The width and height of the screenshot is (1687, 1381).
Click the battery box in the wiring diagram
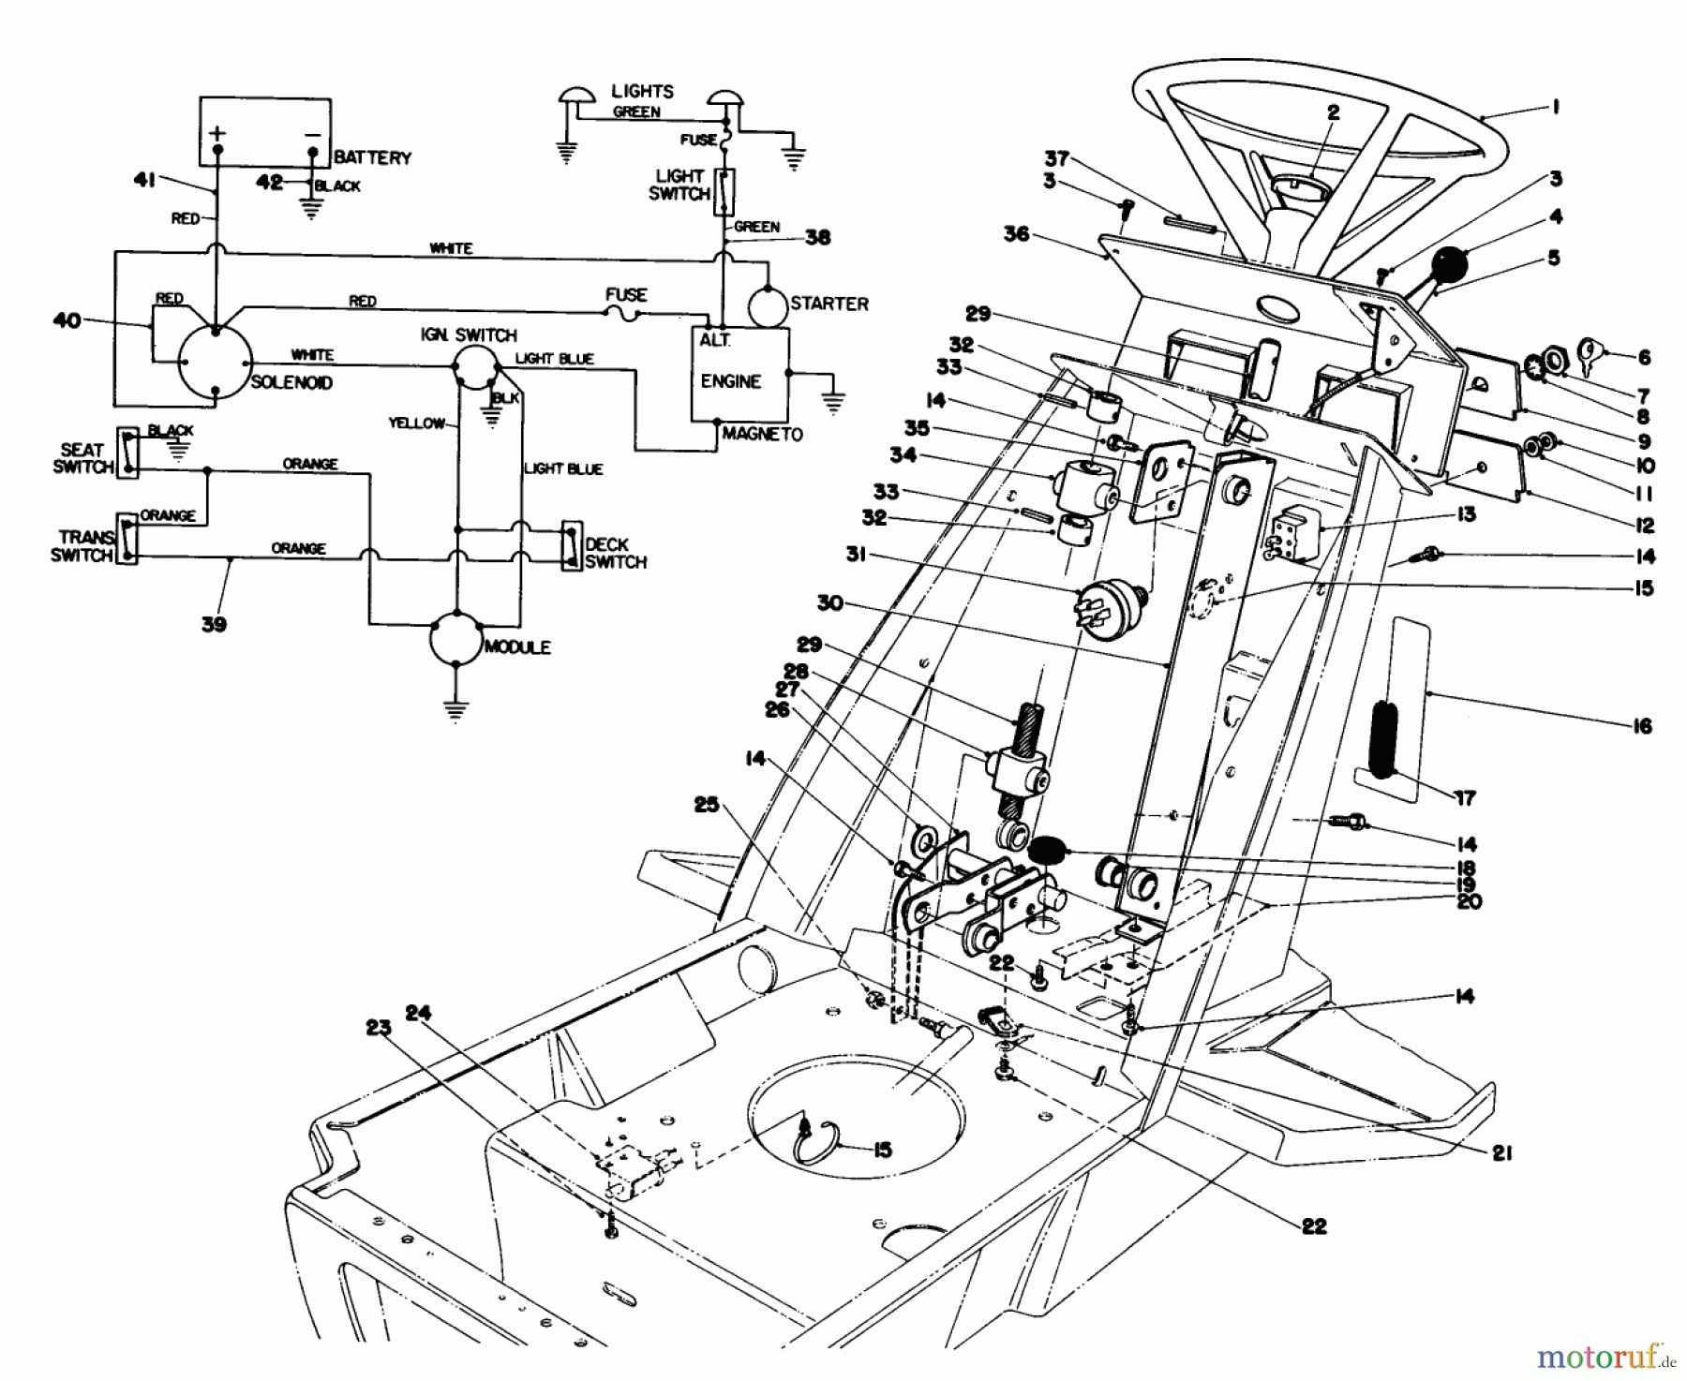[x=264, y=130]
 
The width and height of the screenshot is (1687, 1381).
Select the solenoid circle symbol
[x=216, y=363]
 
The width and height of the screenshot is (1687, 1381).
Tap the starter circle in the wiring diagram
[x=767, y=304]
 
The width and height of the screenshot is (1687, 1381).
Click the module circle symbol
[x=455, y=640]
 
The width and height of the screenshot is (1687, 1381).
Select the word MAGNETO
[x=762, y=435]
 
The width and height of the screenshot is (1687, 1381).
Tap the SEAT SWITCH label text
[x=82, y=458]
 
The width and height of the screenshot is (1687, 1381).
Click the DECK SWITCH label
[x=615, y=553]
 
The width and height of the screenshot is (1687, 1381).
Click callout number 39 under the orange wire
[x=214, y=624]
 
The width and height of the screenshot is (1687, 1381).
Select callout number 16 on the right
[x=1641, y=725]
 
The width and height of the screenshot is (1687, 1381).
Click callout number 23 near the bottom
[x=378, y=1027]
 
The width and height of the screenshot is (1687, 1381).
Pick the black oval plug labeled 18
[x=1048, y=851]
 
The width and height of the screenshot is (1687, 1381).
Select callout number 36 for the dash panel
[x=1016, y=233]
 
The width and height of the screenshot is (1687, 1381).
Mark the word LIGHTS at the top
[x=642, y=91]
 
